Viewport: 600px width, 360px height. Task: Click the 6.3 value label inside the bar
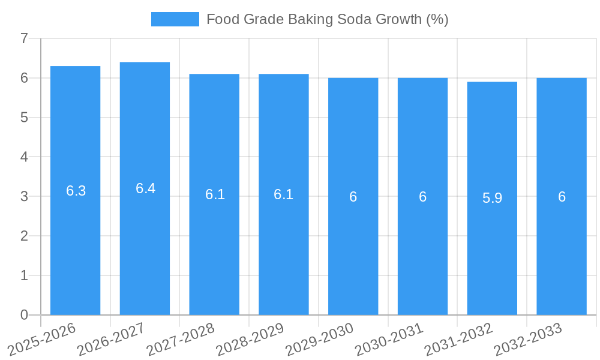click(x=76, y=191)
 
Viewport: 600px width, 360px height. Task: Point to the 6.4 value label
click(x=145, y=188)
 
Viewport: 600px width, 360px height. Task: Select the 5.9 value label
click(x=492, y=198)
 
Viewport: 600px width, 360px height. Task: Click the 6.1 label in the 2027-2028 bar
click(x=215, y=194)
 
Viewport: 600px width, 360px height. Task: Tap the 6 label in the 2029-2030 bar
click(x=353, y=197)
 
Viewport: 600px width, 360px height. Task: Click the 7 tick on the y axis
click(x=24, y=39)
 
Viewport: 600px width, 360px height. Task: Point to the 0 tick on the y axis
click(x=24, y=315)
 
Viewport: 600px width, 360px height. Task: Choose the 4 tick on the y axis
click(x=24, y=157)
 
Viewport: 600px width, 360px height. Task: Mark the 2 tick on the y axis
click(x=24, y=236)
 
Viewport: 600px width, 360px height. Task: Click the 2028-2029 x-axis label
click(x=250, y=339)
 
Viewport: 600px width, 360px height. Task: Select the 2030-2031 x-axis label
click(x=389, y=339)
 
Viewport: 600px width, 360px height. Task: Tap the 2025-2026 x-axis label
click(x=41, y=339)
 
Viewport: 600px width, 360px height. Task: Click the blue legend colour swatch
click(x=175, y=19)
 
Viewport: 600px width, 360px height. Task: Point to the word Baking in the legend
click(x=308, y=19)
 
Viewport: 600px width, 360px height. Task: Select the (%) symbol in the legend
click(x=437, y=19)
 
